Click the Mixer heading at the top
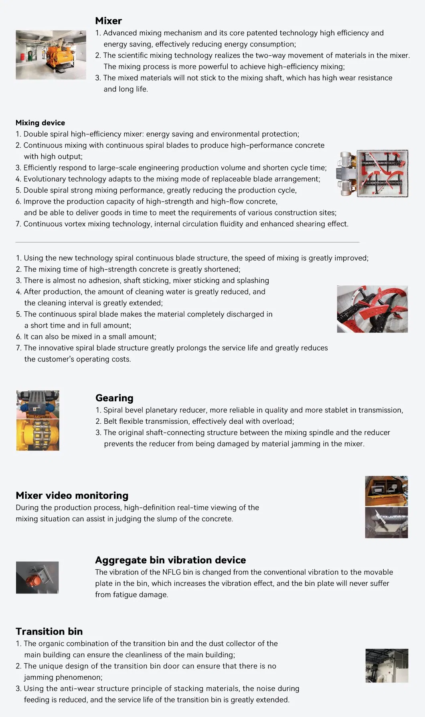[x=108, y=21]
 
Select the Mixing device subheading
[x=40, y=123]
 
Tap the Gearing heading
[x=114, y=398]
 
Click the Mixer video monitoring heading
[x=72, y=496]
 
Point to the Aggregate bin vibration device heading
[x=170, y=560]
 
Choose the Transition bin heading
[x=49, y=632]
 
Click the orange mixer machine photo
[x=51, y=55]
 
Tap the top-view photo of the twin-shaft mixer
[x=374, y=174]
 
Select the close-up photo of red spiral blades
[x=372, y=309]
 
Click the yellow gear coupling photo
[x=38, y=435]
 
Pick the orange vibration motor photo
[x=37, y=577]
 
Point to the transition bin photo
[x=387, y=666]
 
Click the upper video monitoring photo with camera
[x=387, y=491]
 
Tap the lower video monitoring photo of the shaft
[x=387, y=523]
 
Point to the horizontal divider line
[x=188, y=242]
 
